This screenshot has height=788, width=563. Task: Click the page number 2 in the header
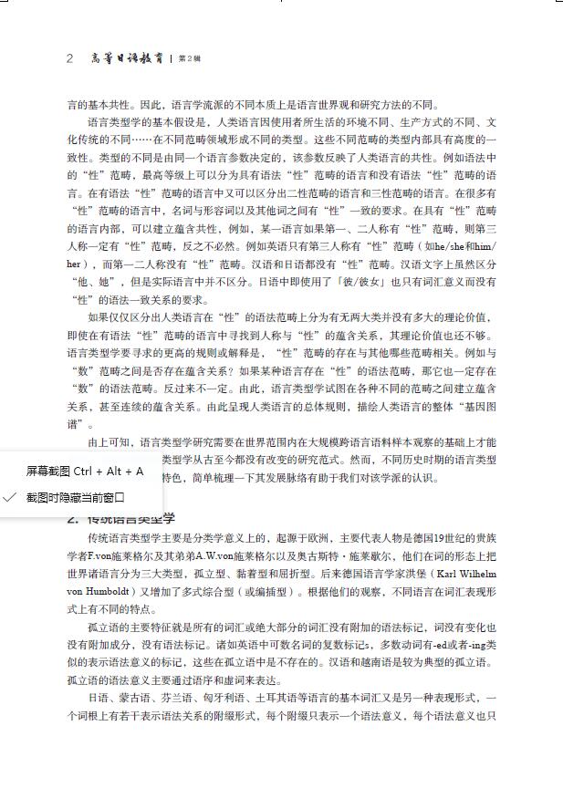69,58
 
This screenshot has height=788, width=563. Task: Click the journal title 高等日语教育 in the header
127,58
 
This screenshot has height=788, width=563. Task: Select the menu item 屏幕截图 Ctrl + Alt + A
84,472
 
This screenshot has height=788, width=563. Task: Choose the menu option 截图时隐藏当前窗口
75,497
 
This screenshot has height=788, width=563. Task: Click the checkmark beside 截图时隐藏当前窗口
10,497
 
